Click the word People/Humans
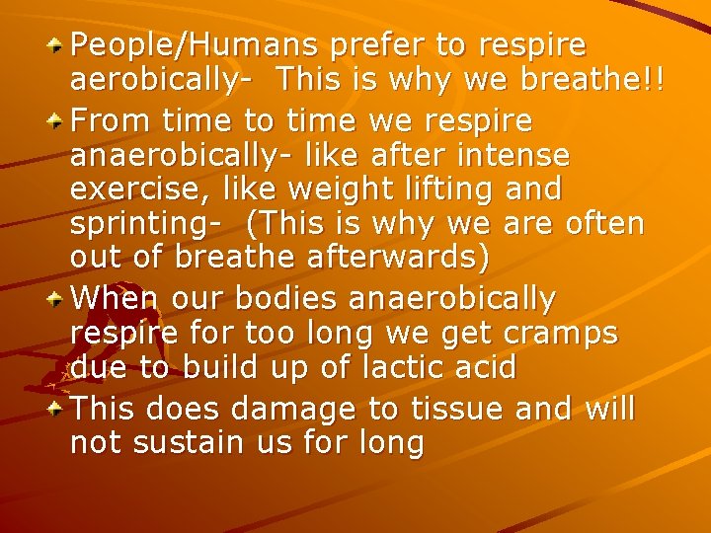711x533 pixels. tap(194, 45)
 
